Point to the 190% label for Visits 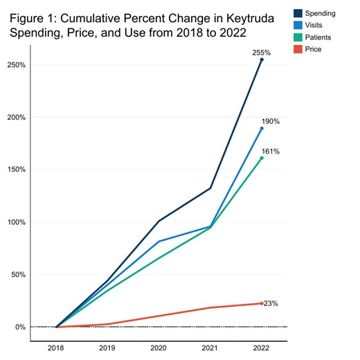pos(271,122)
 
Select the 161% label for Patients pos(271,151)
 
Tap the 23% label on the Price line pos(271,303)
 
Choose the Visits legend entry pos(313,26)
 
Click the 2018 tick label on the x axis pos(56,349)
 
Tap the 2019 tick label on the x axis pos(107,349)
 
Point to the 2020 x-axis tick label pos(159,349)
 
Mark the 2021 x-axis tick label pos(210,349)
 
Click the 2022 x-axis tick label pos(262,349)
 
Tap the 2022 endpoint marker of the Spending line pos(262,60)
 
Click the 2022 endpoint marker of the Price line pos(262,303)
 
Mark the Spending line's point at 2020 pos(159,222)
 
